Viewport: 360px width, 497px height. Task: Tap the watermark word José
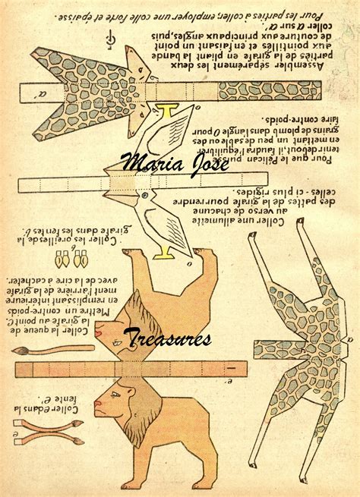click(207, 161)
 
